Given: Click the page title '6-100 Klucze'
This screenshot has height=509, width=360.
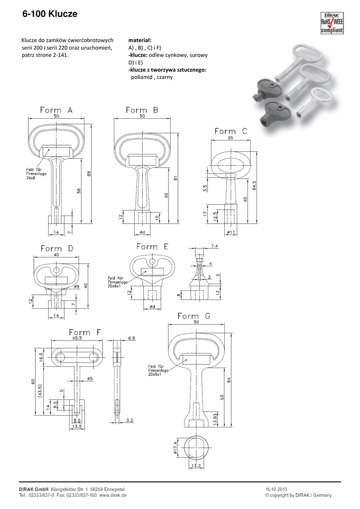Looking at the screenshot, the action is point(50,13).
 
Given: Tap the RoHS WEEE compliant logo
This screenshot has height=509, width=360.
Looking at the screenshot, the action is point(332,23).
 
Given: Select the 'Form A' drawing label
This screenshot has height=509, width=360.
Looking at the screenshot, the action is point(57,110).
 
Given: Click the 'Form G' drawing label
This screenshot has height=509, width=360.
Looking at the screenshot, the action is point(194,316).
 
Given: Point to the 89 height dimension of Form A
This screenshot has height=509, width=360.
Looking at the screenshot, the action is point(89,174).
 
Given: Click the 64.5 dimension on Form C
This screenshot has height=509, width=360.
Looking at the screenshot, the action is point(255,186).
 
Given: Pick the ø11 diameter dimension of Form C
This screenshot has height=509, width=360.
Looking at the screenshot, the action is point(231,232).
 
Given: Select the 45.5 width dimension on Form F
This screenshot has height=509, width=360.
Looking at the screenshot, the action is point(77,338).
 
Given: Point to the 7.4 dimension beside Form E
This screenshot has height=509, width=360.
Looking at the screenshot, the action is point(214,247).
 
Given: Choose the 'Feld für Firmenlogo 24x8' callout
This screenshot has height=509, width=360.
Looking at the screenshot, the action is point(36,173).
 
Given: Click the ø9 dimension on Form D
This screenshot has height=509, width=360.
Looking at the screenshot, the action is point(77,286).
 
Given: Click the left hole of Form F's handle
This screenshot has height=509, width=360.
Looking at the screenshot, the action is point(60,357).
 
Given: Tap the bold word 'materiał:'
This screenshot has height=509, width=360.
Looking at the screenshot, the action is point(140,40).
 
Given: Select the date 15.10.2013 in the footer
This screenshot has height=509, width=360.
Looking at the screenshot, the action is point(276,489).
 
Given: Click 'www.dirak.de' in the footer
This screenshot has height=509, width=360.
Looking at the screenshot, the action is point(113,495).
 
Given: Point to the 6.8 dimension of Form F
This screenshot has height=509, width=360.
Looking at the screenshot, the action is point(132,338).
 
